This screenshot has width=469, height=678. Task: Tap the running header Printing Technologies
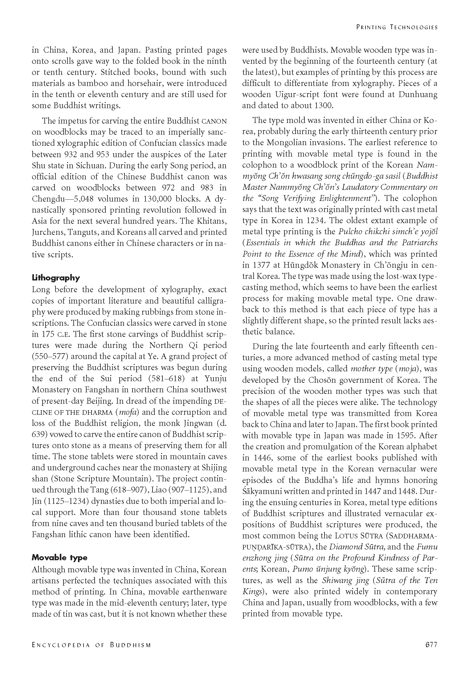click(397, 27)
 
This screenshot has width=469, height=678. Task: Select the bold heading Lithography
click(56, 278)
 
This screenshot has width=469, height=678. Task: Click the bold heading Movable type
click(59, 558)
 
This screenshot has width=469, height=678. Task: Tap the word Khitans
click(211, 221)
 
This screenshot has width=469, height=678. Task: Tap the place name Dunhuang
click(418, 94)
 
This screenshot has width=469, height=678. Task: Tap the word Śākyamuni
click(264, 492)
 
